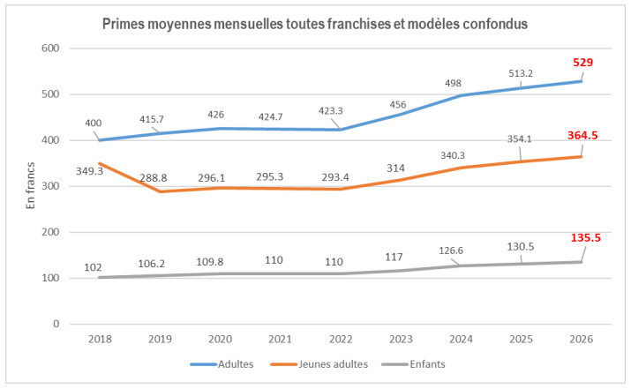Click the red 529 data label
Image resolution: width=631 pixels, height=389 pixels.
[582, 63]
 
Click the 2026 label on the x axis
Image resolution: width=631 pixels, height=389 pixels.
[581, 339]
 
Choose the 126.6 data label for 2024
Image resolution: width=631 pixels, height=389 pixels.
[453, 251]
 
